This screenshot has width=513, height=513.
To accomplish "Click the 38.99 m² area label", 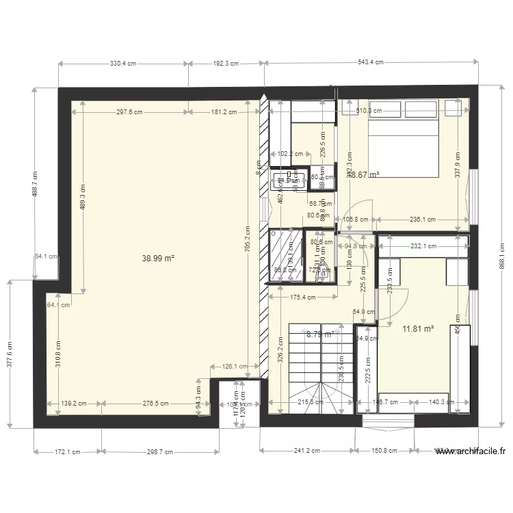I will click(x=158, y=259).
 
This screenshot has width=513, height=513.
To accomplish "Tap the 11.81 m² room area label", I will click(x=418, y=328).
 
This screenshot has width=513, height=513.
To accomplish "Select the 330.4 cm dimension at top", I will click(x=123, y=64).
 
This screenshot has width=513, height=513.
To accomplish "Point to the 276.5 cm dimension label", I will click(x=155, y=404).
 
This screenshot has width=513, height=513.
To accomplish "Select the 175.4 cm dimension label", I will click(x=302, y=298).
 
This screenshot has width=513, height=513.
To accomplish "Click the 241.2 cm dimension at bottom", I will click(x=307, y=451).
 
